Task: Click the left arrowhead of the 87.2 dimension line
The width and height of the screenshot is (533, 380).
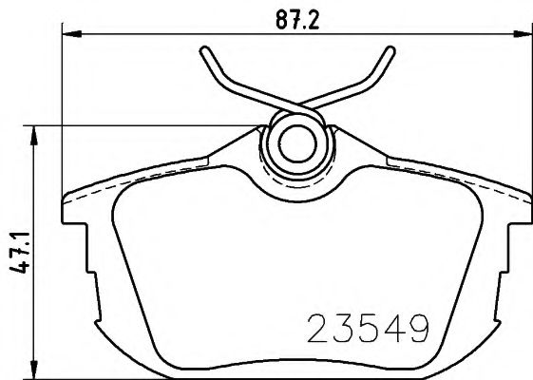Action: point(68,36)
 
